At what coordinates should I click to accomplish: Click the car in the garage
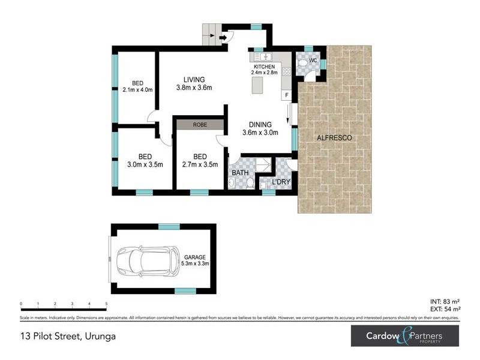[146, 260]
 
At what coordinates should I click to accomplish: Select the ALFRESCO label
[334, 138]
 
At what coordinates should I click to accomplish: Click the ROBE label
[199, 125]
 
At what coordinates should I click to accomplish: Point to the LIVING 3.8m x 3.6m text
[194, 83]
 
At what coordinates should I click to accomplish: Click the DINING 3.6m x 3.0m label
[260, 129]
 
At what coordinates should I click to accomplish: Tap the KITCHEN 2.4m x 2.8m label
[264, 69]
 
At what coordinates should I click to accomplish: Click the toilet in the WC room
[304, 62]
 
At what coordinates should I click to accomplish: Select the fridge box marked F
[287, 95]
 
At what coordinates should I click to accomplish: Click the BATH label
[240, 173]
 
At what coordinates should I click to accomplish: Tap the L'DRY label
[281, 181]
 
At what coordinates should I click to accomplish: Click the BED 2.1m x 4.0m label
[137, 86]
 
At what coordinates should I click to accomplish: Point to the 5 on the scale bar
[106, 304]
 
